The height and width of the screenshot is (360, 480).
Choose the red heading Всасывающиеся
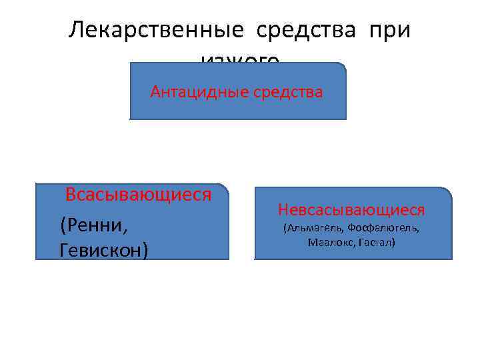tap(138, 195)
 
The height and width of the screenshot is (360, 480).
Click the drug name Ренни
tap(94, 225)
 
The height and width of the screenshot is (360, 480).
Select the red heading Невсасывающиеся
tap(351, 210)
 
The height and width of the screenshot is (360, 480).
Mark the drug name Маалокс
tap(330, 243)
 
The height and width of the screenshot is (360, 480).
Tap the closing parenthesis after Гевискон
tap(145, 250)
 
